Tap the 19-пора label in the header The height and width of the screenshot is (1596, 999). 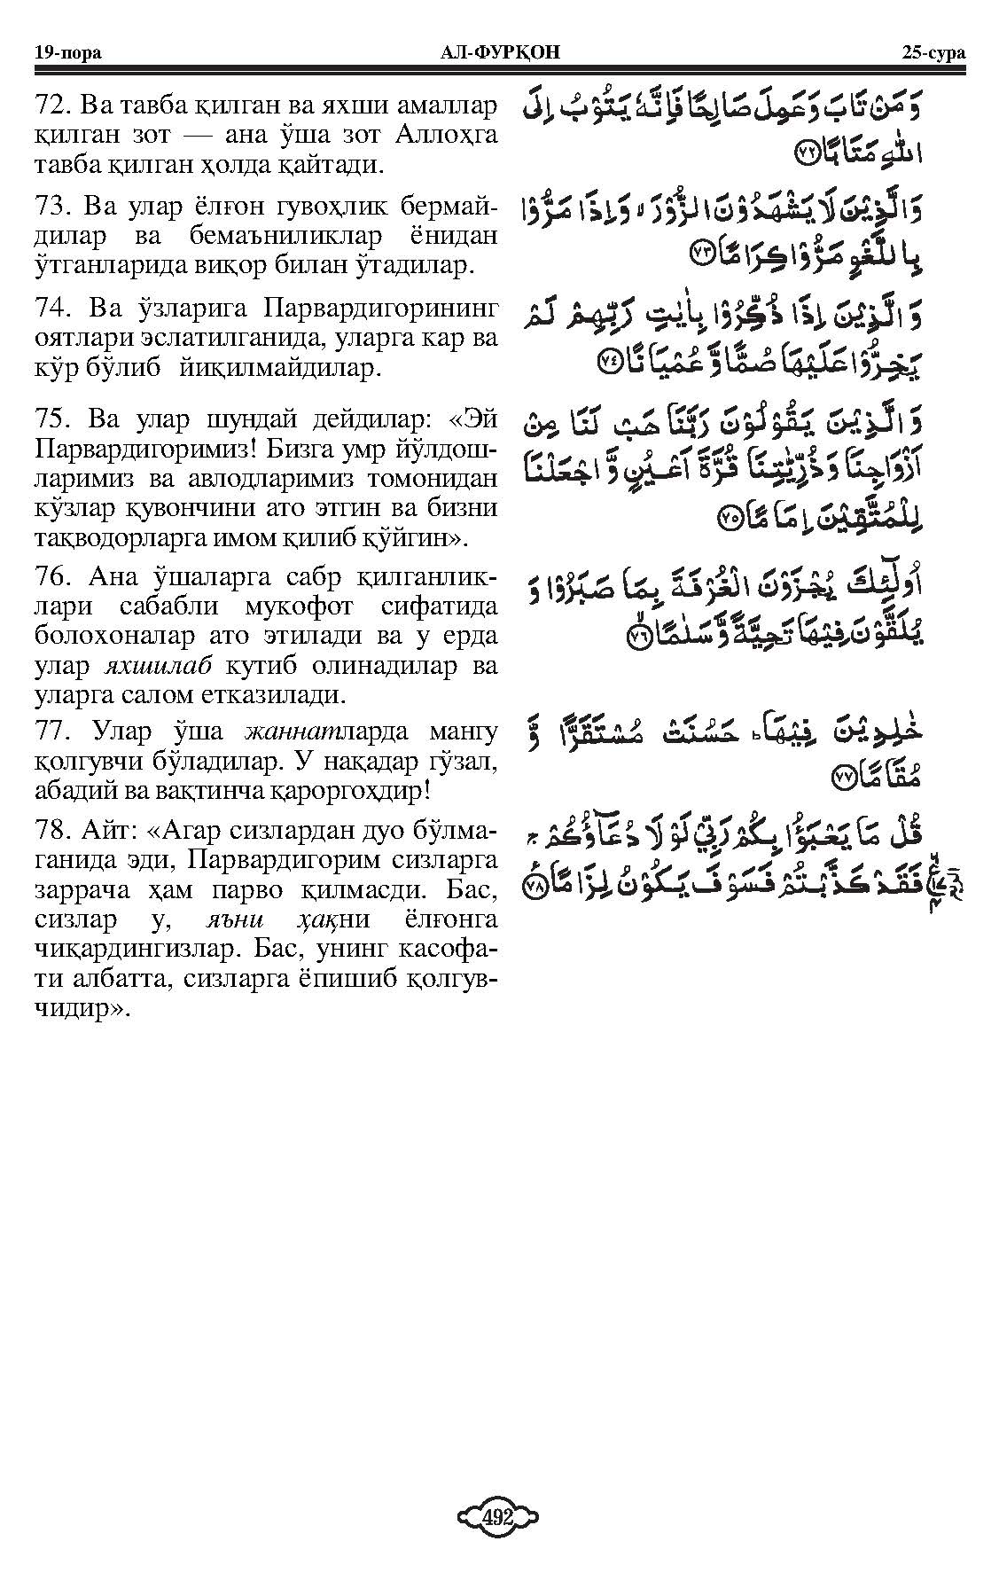(x=66, y=52)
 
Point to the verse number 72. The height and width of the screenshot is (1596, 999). (x=51, y=106)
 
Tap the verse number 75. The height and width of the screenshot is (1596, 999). (x=51, y=420)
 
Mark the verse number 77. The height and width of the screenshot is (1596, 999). (x=51, y=731)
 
